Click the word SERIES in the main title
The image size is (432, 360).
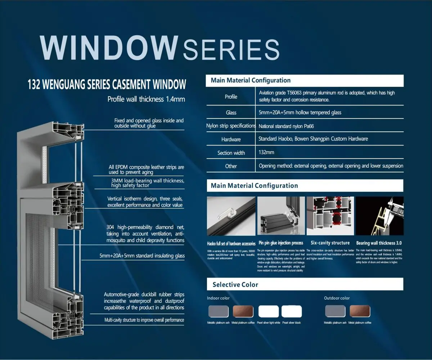(231, 49)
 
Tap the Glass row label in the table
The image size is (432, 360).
(231, 113)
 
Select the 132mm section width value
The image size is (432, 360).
(266, 152)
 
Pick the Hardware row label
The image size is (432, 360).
(231, 139)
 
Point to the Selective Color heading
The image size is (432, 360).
(235, 285)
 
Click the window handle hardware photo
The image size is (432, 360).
(231, 216)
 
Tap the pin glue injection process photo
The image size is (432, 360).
(281, 216)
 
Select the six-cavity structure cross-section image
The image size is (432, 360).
(330, 216)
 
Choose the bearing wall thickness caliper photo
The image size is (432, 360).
(379, 216)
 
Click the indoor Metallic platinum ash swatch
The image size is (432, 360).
(219, 311)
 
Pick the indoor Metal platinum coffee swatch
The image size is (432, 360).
(243, 311)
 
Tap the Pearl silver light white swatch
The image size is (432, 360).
(269, 311)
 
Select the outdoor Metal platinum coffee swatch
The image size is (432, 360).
(360, 311)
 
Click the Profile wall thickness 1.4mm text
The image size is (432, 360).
(146, 99)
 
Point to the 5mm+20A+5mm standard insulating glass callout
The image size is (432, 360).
(142, 256)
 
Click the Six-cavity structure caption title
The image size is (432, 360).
(330, 243)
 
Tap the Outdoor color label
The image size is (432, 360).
(337, 298)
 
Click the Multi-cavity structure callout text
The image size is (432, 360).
(144, 320)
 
